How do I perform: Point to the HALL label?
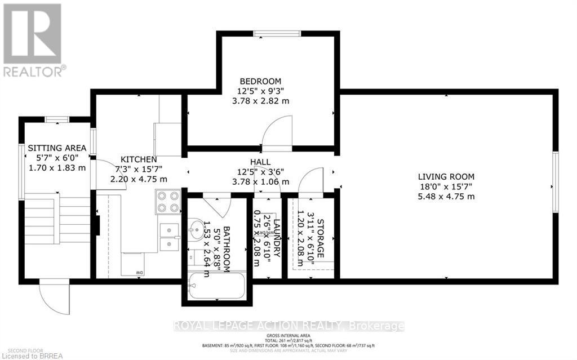[x=260, y=162]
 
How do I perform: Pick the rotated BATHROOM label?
[x=227, y=249]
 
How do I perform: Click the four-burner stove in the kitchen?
[x=167, y=201]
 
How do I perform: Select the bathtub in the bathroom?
[x=216, y=286]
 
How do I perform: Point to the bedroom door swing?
[x=277, y=131]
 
